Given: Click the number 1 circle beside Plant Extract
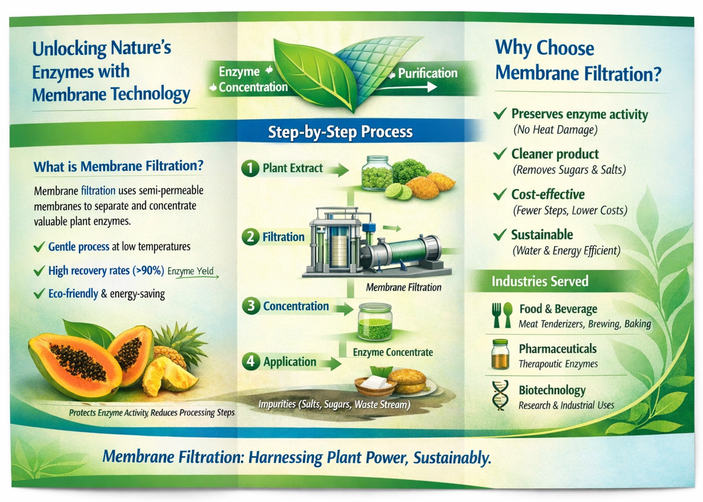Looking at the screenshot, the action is pos(250,168).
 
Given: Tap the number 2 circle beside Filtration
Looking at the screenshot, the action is pos(250,237).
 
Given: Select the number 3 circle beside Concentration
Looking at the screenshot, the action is pos(251,306).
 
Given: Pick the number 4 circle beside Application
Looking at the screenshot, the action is pos(251,362).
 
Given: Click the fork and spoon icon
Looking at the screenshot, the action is pos(502,315).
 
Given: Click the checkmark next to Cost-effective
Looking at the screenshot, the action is pos(500,194).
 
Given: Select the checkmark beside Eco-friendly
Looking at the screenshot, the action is pos(39,294).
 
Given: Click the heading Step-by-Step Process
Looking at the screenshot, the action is pos(340,132).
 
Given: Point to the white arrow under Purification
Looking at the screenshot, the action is pos(406,88).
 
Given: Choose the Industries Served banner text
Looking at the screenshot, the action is pos(540,281).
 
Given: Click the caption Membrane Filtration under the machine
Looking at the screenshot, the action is pos(403,288).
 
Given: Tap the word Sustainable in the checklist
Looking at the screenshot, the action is pos(542,235).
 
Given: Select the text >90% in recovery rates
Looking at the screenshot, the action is pos(148,271).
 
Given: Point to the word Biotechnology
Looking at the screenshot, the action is pos(552,390).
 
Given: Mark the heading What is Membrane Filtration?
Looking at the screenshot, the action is pos(119,166).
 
